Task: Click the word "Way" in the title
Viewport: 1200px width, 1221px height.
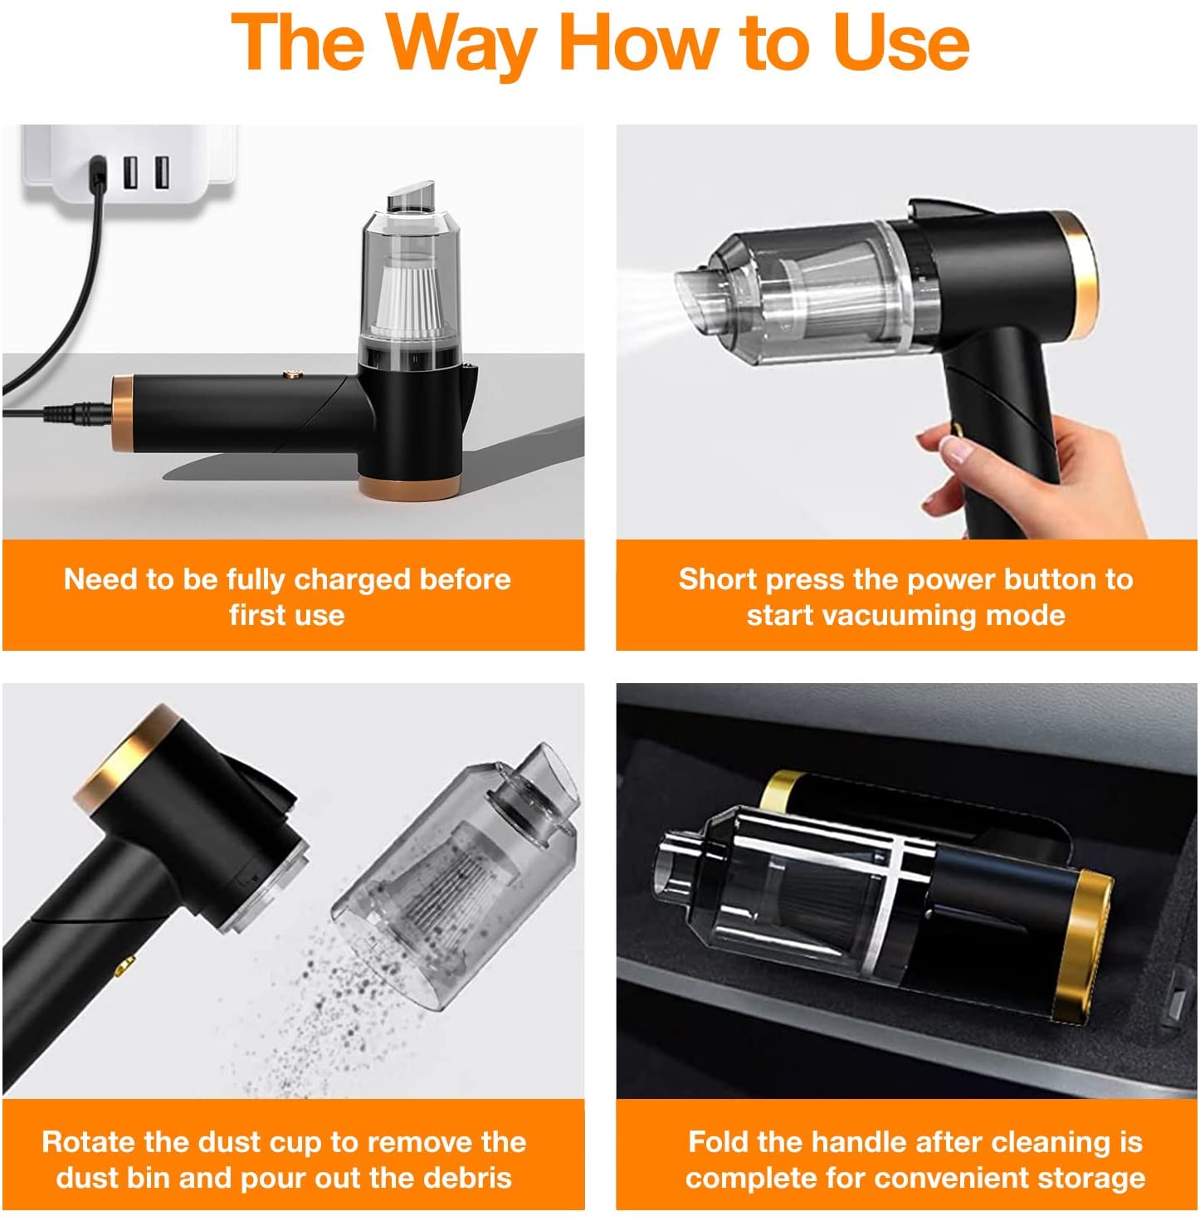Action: [x=461, y=44]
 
